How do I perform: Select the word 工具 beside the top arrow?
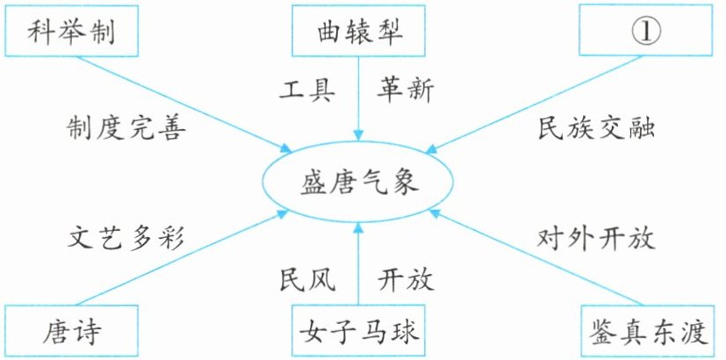(x=305, y=89)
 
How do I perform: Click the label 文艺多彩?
(x=127, y=238)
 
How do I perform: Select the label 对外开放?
(x=597, y=238)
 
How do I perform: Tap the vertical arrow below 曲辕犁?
(x=358, y=97)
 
